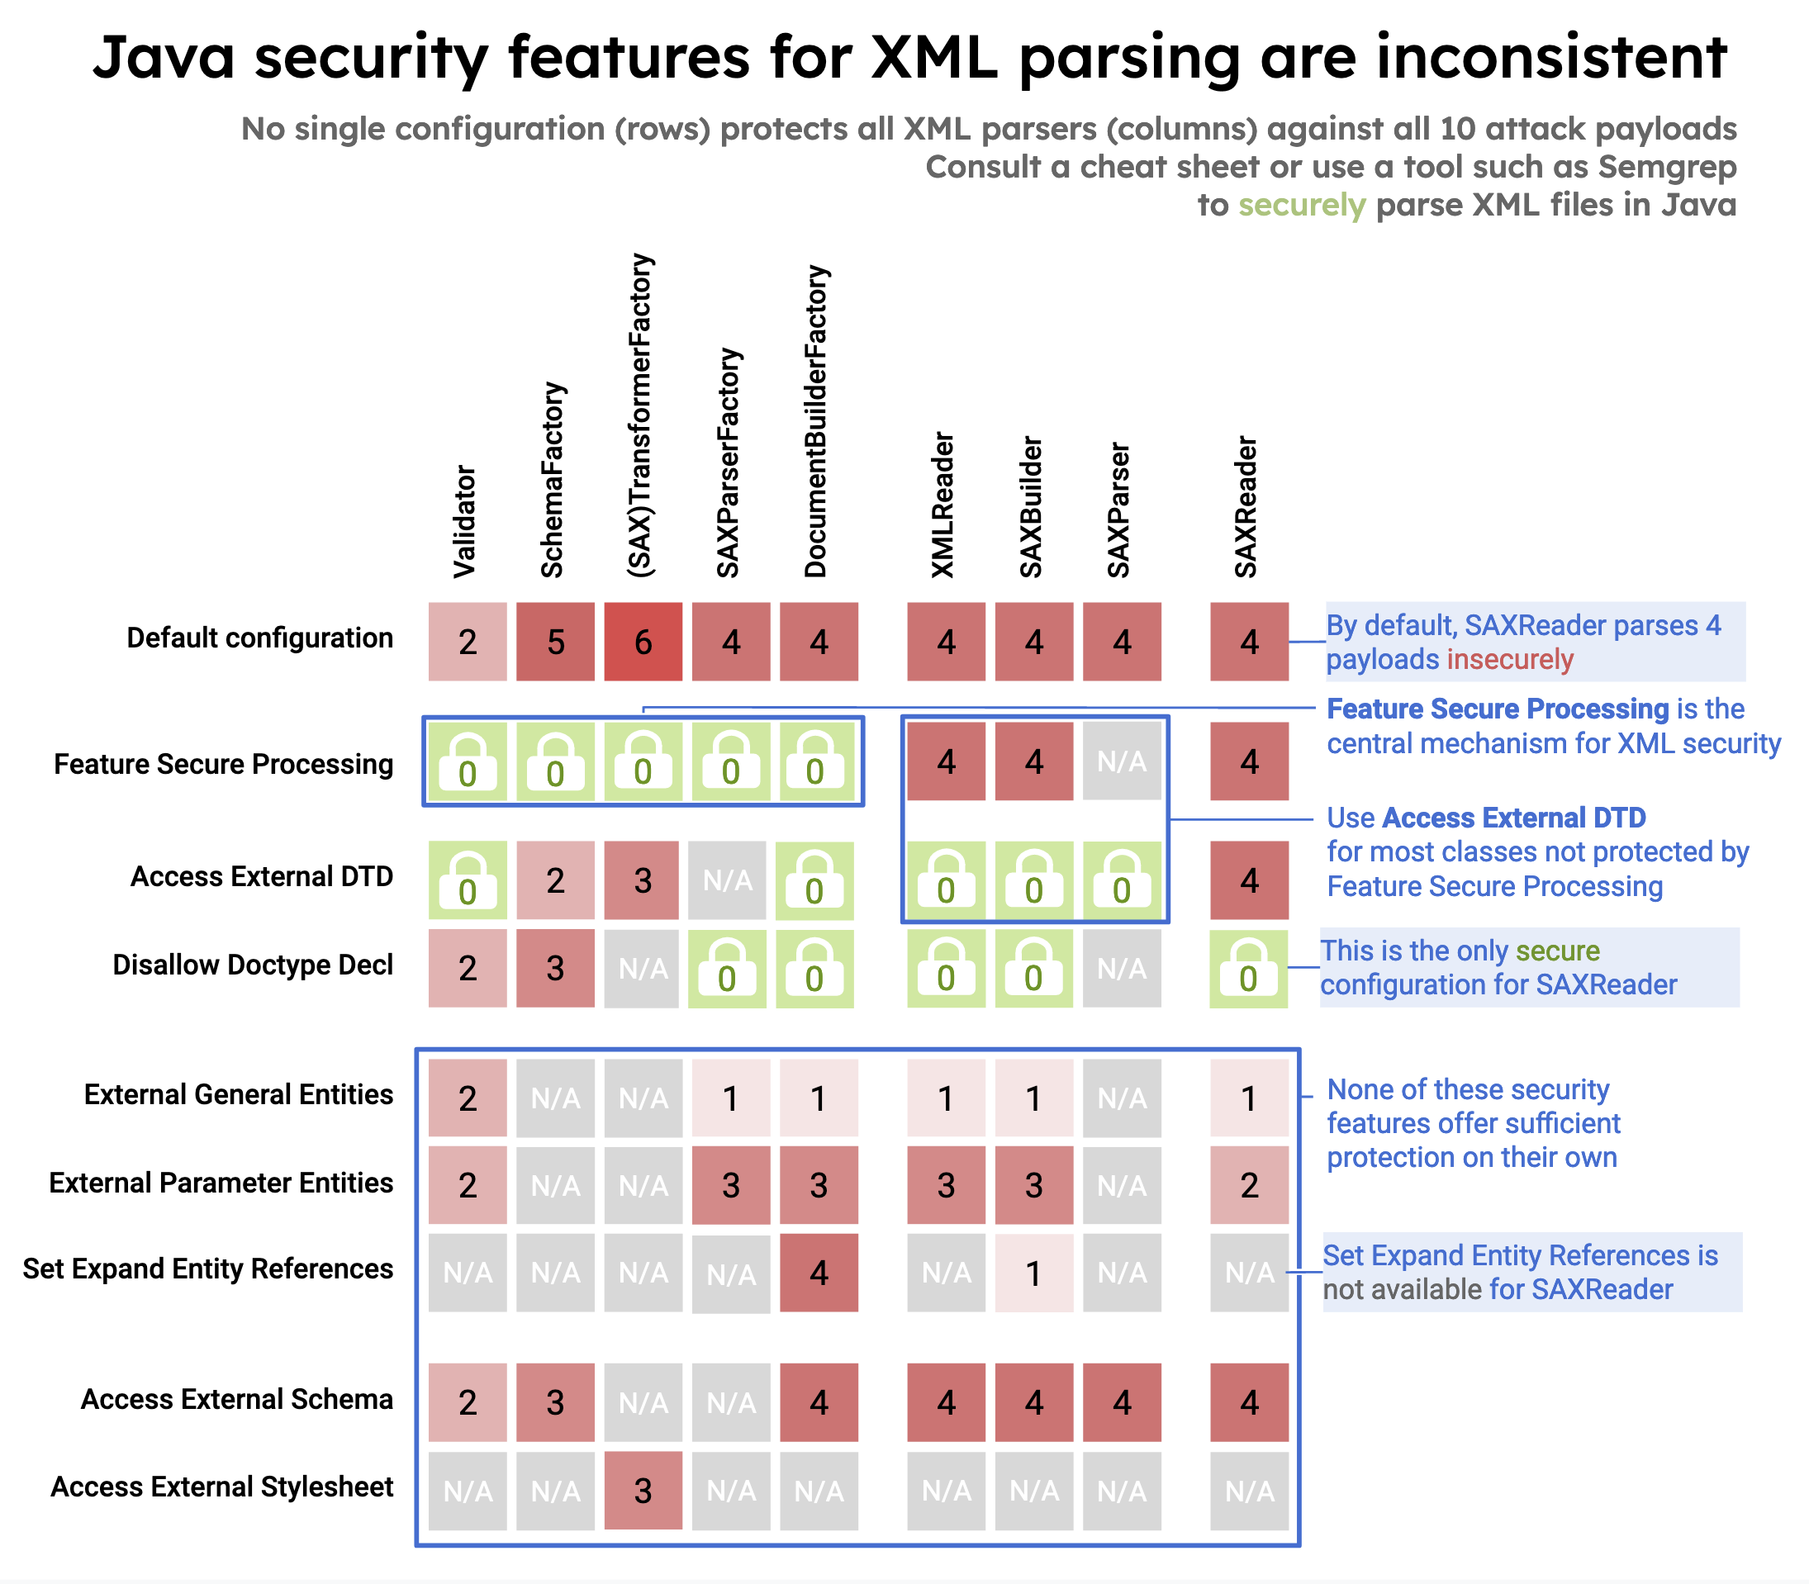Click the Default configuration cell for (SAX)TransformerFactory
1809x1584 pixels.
click(x=643, y=642)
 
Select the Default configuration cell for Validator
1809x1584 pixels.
click(x=468, y=642)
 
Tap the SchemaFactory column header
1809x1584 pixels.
click(x=553, y=480)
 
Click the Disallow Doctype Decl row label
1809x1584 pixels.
click(x=253, y=965)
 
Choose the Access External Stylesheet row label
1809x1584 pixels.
click(x=222, y=1487)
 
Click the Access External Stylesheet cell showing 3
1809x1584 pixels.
click(x=643, y=1491)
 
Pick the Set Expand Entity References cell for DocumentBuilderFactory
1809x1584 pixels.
click(x=819, y=1273)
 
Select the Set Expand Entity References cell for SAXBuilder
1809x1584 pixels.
click(x=1033, y=1273)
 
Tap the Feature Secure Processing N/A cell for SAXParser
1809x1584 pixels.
click(x=1122, y=761)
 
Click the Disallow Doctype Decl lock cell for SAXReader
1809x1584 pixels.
click(x=1248, y=969)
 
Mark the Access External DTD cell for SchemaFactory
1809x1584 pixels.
click(x=555, y=880)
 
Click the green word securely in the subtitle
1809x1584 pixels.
click(x=1302, y=205)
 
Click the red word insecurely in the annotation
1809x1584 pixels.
click(x=1510, y=659)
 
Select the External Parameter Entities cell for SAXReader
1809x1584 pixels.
click(x=1248, y=1184)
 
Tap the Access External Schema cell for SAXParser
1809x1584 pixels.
click(x=1122, y=1402)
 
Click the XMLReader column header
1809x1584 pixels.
click(x=944, y=505)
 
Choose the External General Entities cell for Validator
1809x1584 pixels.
click(x=468, y=1098)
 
